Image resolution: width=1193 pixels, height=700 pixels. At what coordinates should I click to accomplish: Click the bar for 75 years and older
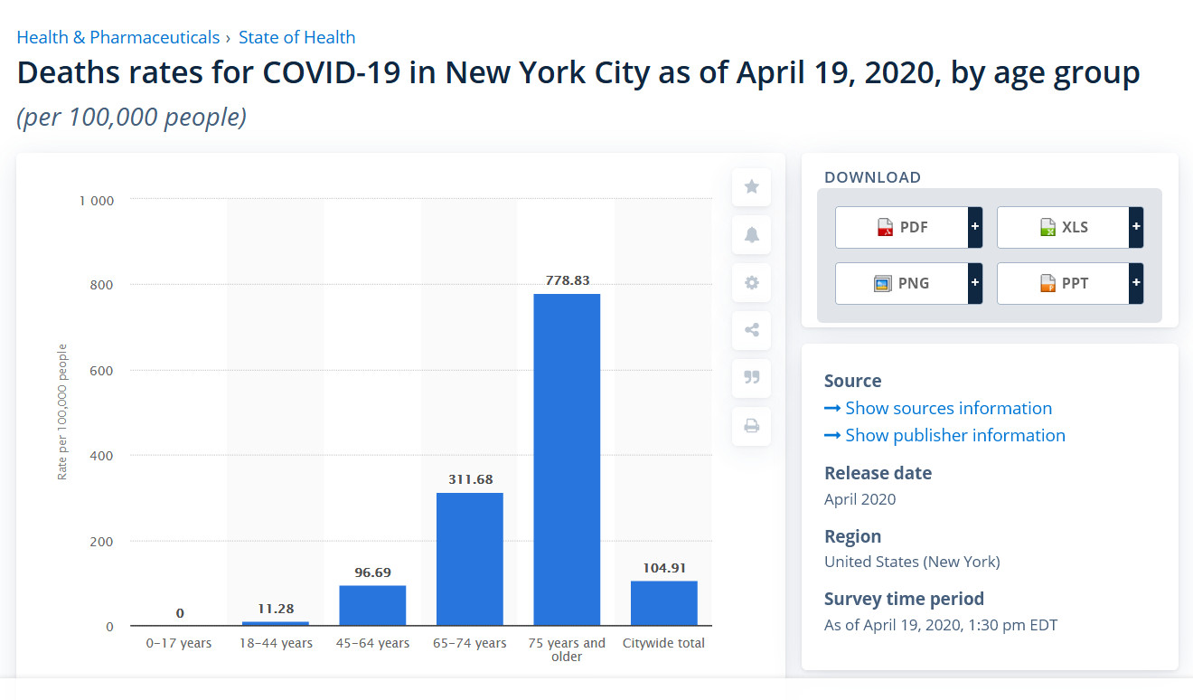tap(567, 459)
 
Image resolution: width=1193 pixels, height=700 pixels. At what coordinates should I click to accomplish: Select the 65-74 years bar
tap(469, 559)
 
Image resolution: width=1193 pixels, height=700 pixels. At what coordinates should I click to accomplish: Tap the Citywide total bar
tap(663, 603)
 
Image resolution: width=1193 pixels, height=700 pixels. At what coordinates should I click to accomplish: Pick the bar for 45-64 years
tap(372, 605)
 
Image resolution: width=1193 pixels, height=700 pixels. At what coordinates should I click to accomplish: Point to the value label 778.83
tap(567, 280)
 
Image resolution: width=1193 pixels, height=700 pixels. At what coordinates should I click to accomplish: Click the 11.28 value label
tap(275, 609)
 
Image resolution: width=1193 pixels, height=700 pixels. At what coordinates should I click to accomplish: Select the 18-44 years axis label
tap(275, 643)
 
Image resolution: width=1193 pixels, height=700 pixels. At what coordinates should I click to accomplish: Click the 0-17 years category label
tap(179, 643)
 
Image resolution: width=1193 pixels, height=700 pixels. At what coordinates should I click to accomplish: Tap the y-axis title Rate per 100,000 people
tap(62, 411)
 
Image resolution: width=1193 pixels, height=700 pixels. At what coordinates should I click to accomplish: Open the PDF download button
tap(902, 227)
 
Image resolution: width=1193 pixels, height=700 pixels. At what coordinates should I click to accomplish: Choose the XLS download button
tap(1064, 227)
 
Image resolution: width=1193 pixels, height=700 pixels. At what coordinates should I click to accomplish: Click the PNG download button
tap(902, 283)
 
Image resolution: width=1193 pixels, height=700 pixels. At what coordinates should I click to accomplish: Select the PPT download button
tap(1064, 283)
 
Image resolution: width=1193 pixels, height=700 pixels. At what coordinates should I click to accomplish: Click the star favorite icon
tap(751, 187)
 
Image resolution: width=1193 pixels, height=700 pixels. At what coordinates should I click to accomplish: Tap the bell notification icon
tap(751, 235)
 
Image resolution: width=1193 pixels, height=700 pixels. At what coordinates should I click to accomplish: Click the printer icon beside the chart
tap(751, 426)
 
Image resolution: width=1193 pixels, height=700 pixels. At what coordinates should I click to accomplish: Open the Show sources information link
tap(948, 408)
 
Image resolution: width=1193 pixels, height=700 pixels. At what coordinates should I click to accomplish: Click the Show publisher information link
tap(954, 435)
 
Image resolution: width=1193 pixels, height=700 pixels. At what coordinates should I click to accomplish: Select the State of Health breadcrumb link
tap(296, 37)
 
